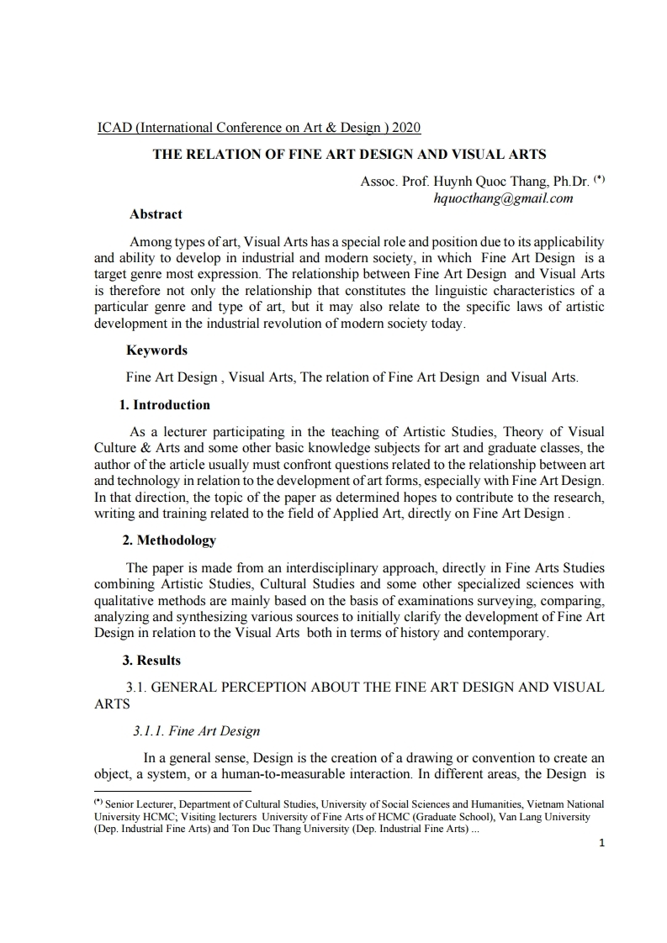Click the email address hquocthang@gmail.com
pyautogui.click(x=503, y=198)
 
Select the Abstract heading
pyautogui.click(x=156, y=214)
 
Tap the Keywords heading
pyautogui.click(x=156, y=350)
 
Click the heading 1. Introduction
pyautogui.click(x=165, y=405)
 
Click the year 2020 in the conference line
pyautogui.click(x=406, y=128)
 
